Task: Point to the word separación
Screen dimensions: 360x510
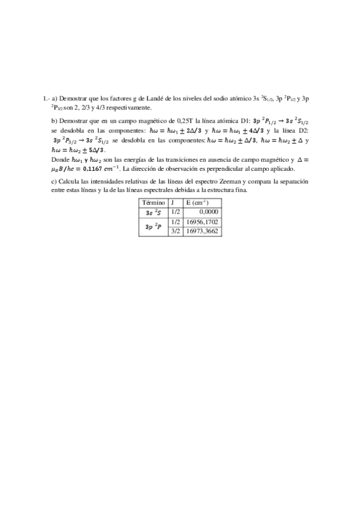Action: coord(294,181)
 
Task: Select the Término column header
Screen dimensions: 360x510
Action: coord(153,203)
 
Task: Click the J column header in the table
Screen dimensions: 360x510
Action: coord(172,203)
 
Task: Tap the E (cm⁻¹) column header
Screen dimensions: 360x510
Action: coord(197,203)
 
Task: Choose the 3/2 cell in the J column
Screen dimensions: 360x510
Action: coord(175,231)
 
